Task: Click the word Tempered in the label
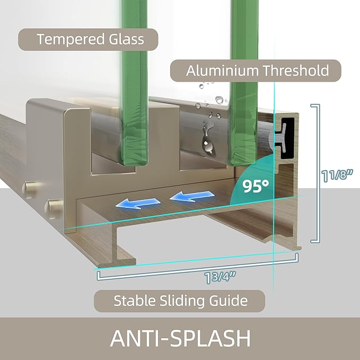tap(71, 39)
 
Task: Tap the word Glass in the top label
tap(126, 39)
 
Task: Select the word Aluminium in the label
tap(222, 71)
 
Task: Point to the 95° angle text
tap(256, 186)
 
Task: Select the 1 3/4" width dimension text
tap(220, 277)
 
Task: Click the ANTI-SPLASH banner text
tap(180, 338)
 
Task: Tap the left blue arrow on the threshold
tap(138, 203)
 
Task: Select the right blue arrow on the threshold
tap(192, 196)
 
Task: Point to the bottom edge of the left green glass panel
tap(134, 164)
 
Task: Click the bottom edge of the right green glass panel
tap(242, 163)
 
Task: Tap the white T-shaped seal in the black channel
tap(280, 138)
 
